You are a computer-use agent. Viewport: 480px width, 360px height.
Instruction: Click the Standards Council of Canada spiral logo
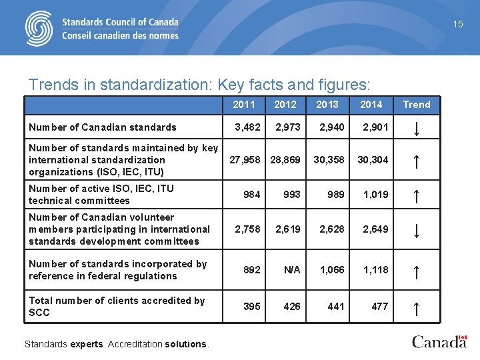[39, 28]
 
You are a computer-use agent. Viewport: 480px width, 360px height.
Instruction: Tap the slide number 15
[458, 24]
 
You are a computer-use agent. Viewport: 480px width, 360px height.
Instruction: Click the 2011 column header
[244, 105]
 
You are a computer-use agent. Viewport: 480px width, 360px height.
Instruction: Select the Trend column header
[417, 105]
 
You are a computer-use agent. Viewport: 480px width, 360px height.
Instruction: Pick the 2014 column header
[371, 105]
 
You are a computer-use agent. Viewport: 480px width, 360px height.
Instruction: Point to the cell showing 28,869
[285, 160]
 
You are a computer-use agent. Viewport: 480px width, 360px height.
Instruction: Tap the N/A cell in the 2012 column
[292, 270]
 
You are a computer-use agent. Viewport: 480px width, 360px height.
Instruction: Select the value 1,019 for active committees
[375, 195]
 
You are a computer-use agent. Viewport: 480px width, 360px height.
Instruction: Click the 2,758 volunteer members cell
[248, 229]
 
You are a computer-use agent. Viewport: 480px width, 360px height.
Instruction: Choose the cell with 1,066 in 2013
[332, 270]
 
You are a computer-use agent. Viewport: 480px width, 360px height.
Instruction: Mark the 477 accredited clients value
[379, 307]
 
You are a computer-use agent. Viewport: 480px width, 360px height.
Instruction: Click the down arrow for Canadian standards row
[416, 127]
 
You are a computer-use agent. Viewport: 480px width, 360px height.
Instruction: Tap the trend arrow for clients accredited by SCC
[416, 308]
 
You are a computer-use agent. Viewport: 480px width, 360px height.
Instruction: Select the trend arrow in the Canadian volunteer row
[416, 230]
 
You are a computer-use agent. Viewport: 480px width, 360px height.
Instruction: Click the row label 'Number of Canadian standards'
[103, 127]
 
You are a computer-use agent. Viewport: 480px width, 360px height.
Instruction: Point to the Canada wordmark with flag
[439, 341]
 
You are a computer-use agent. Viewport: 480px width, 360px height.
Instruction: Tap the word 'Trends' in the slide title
[51, 85]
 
